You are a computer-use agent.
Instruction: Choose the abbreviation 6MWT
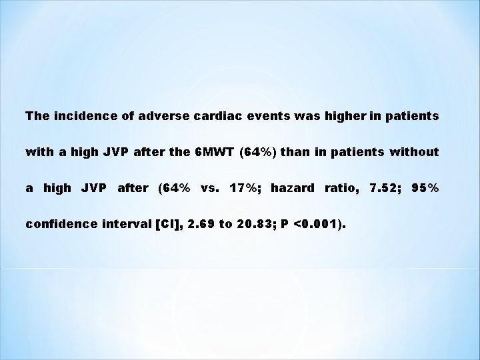pyautogui.click(x=211, y=152)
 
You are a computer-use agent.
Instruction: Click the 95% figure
pyautogui.click(x=425, y=188)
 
